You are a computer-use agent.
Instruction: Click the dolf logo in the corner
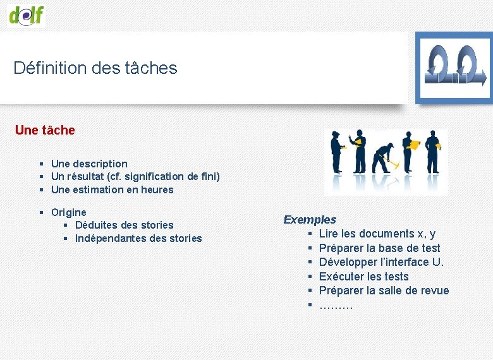26,15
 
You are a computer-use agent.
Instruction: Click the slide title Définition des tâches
95,68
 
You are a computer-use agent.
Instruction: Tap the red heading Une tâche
45,130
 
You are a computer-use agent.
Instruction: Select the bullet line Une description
89,164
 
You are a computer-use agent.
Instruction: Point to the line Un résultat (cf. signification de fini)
135,176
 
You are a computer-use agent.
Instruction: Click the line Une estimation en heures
112,189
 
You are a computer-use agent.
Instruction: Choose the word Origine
69,212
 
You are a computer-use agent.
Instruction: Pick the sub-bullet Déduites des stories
124,225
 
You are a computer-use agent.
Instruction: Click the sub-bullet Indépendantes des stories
138,238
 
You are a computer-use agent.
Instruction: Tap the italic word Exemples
310,220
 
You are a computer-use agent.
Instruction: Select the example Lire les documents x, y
377,234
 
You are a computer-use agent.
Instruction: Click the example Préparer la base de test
379,248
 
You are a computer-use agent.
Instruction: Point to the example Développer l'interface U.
381,262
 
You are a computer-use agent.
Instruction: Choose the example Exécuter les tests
363,277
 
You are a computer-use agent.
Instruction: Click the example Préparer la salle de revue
384,291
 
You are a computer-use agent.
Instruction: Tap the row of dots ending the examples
336,306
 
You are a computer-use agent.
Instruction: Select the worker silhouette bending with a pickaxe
384,159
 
